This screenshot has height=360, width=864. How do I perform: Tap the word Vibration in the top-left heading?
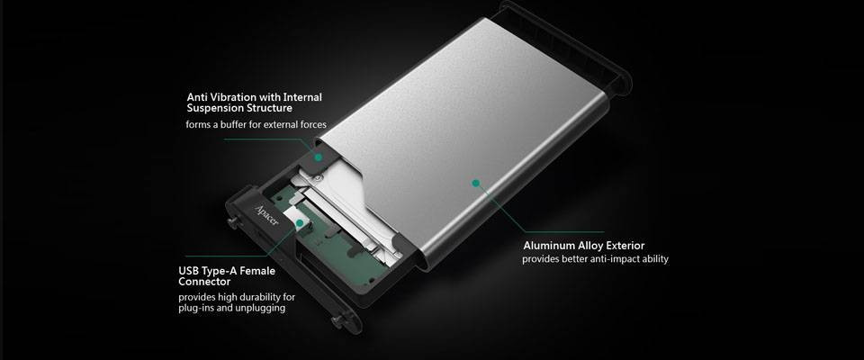(232, 96)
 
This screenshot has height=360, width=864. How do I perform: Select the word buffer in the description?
(237, 125)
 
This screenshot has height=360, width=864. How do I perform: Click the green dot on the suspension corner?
(317, 155)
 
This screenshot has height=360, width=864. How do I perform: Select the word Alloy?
(589, 245)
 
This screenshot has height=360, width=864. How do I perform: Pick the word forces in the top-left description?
(308, 125)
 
